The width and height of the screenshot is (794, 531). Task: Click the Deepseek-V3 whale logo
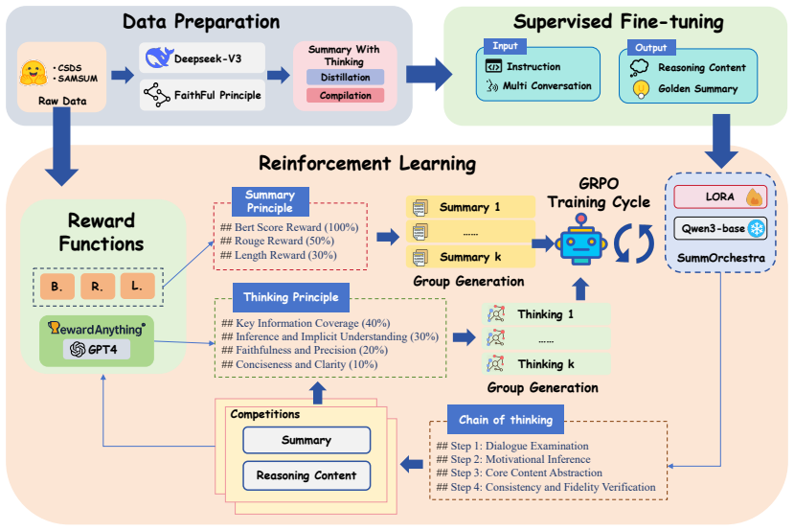click(x=159, y=58)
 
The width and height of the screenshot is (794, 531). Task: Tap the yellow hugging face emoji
click(x=33, y=73)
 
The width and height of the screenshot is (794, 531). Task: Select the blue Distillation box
click(x=346, y=77)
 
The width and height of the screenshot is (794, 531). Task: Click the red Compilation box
click(x=346, y=95)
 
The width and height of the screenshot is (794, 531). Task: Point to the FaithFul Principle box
click(x=202, y=95)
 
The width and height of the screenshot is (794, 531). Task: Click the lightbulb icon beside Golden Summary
click(x=641, y=89)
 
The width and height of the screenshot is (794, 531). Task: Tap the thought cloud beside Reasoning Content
click(x=639, y=67)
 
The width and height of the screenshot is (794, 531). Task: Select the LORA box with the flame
click(x=720, y=196)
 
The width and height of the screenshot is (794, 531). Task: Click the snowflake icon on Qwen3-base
click(x=757, y=228)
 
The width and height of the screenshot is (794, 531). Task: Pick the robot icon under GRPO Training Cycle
click(x=580, y=241)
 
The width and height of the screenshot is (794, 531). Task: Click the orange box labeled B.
click(x=57, y=287)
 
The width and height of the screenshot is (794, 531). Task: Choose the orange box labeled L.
click(x=137, y=286)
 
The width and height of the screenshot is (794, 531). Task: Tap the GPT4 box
click(x=96, y=349)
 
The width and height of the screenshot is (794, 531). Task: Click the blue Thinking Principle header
click(x=291, y=297)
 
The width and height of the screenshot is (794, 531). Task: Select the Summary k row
click(x=470, y=257)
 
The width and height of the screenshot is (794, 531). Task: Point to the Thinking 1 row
click(x=546, y=314)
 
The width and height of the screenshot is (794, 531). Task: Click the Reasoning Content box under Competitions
click(x=306, y=475)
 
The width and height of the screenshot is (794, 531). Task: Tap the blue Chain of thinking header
click(x=506, y=420)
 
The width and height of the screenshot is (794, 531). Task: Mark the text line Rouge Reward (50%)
click(x=277, y=241)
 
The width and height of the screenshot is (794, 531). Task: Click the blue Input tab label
click(x=506, y=46)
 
